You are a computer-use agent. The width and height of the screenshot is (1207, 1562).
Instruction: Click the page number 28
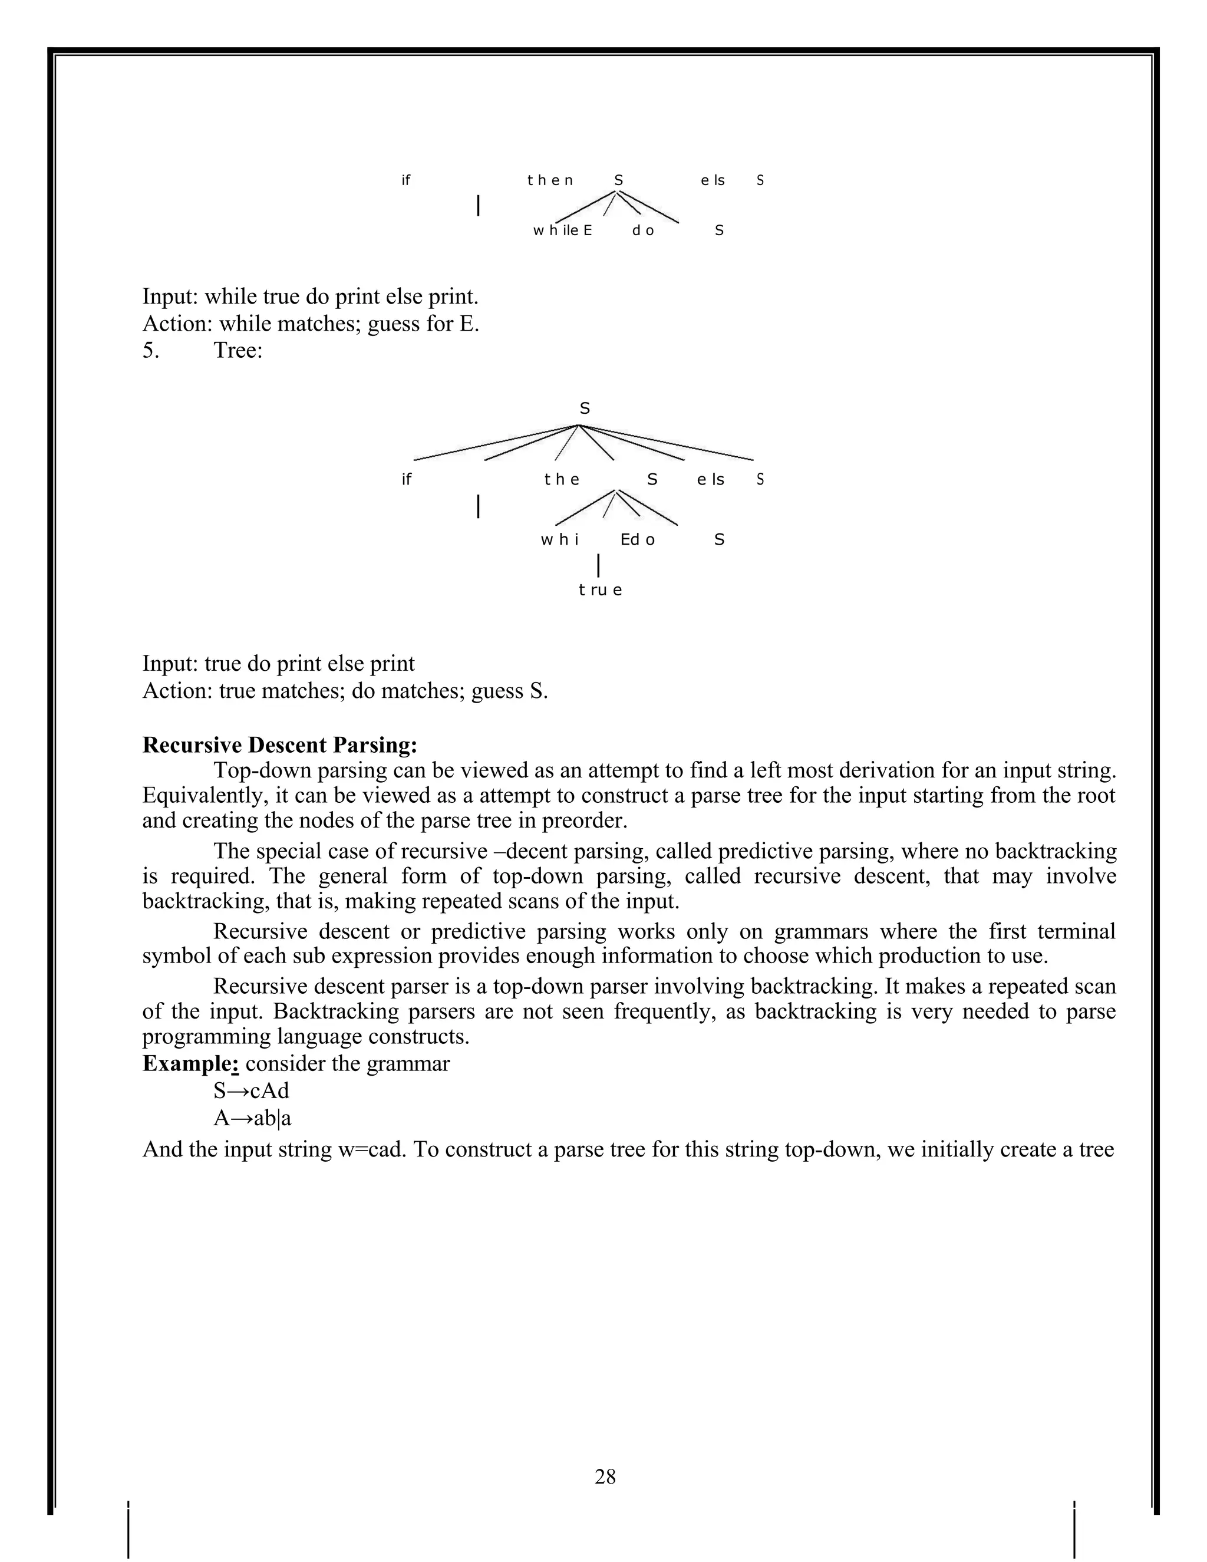tap(604, 1476)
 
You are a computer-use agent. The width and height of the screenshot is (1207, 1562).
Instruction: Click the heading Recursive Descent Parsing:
tap(279, 744)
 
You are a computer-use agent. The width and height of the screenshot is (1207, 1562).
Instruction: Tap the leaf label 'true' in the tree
tap(600, 590)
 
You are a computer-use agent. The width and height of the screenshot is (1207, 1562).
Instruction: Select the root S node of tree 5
tap(584, 408)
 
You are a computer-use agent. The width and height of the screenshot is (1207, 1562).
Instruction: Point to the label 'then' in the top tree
tap(550, 180)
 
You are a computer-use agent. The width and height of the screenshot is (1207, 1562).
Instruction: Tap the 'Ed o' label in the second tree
tap(637, 540)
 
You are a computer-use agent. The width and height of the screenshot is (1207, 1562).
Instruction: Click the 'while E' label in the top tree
tap(562, 230)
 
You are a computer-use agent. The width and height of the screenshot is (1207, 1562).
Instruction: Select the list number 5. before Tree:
tap(151, 351)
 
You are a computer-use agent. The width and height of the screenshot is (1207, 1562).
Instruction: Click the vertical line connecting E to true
tap(598, 565)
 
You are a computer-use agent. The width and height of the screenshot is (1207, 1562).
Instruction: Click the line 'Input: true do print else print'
tap(278, 663)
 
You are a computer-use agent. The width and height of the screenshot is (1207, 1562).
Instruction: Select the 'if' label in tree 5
tap(406, 479)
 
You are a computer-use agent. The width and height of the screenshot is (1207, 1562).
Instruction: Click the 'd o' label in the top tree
tap(643, 230)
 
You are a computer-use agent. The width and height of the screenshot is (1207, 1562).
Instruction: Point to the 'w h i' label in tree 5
tap(559, 540)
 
